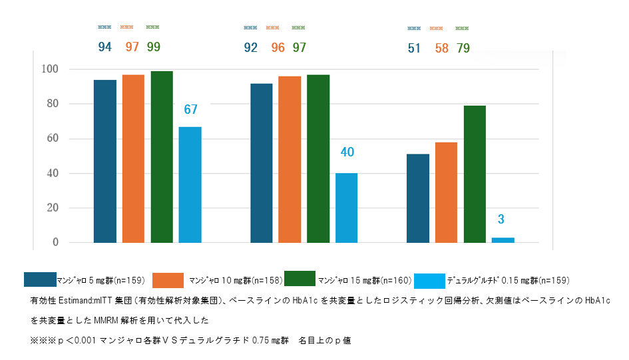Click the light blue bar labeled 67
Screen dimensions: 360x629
(x=190, y=184)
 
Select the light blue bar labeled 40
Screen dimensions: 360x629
(x=346, y=208)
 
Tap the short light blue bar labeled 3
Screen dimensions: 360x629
(x=503, y=240)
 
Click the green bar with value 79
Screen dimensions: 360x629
(x=475, y=174)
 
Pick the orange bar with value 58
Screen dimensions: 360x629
(x=447, y=192)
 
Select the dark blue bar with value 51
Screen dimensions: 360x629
(x=418, y=198)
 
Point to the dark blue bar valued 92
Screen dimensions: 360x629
(x=262, y=163)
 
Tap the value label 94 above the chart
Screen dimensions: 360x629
(x=105, y=47)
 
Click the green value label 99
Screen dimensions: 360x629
(x=153, y=47)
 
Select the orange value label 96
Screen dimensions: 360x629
(x=278, y=48)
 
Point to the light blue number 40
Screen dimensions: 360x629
(x=347, y=152)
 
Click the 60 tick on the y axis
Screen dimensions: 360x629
(x=52, y=138)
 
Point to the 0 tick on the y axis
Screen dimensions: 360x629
(x=55, y=242)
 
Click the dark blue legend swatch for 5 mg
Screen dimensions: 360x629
(x=39, y=279)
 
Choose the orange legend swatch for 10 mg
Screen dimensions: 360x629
(x=168, y=279)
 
